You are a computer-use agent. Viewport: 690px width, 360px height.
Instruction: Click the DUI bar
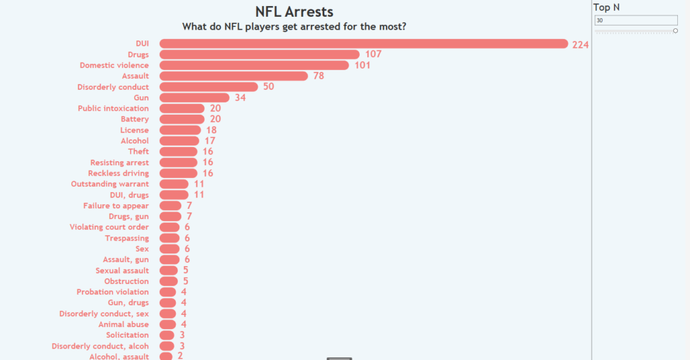coord(364,44)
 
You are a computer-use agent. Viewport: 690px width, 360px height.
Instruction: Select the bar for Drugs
coord(259,55)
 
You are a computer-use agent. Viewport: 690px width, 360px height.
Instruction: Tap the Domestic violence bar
coord(254,65)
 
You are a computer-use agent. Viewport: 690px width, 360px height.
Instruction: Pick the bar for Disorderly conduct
coord(209,87)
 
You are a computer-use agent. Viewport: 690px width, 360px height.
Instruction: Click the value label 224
coord(581,44)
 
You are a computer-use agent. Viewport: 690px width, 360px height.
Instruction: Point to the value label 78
coord(319,76)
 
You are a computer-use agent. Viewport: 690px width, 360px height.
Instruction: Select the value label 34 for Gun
coord(241,98)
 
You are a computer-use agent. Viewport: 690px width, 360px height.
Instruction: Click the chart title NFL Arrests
coord(294,12)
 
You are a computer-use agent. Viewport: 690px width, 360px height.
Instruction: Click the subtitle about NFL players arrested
coord(294,27)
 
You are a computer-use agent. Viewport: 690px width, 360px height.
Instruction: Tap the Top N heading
coord(606,7)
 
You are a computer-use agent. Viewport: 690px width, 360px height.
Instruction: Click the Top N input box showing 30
coord(635,20)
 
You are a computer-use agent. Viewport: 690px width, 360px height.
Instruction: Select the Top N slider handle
coord(675,31)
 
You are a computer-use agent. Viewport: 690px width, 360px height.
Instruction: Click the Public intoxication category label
coord(113,109)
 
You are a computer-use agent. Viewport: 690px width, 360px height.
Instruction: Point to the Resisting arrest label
coord(119,162)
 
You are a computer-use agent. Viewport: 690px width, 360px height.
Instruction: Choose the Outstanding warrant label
coord(110,184)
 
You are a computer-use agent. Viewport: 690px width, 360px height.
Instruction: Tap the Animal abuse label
coord(123,324)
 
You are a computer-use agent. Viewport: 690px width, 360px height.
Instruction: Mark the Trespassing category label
coord(127,238)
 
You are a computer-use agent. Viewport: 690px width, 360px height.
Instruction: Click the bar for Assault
coord(233,76)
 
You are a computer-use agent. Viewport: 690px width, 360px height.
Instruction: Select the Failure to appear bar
coord(170,206)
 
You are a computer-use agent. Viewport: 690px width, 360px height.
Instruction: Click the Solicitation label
coord(127,335)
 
